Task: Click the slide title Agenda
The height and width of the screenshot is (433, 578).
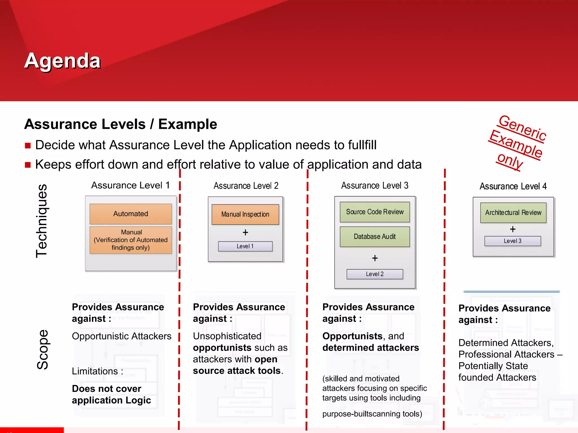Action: click(x=62, y=61)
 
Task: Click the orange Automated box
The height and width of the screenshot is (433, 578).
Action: click(x=130, y=214)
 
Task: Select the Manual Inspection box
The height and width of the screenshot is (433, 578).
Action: click(x=245, y=214)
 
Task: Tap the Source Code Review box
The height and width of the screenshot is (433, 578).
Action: click(x=375, y=212)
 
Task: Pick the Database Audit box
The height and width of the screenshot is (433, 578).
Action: click(x=375, y=237)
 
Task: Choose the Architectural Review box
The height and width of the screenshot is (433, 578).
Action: click(x=513, y=213)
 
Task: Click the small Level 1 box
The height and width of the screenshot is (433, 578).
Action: click(x=245, y=246)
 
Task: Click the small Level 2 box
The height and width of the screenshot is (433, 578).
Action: click(x=375, y=274)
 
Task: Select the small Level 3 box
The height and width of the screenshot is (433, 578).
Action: click(x=513, y=241)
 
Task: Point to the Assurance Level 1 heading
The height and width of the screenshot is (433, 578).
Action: click(x=130, y=185)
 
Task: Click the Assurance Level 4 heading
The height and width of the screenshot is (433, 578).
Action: click(x=513, y=186)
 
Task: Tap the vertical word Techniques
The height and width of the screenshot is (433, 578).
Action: click(x=42, y=221)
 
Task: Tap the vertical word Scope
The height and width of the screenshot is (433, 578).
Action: click(x=42, y=350)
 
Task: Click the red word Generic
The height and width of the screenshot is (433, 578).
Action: click(x=522, y=128)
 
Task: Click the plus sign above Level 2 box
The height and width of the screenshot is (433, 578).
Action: click(x=375, y=258)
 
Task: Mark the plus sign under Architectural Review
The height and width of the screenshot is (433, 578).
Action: click(x=513, y=229)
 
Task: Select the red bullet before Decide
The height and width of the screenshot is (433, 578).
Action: click(x=28, y=145)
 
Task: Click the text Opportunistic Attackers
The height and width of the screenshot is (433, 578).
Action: click(x=122, y=336)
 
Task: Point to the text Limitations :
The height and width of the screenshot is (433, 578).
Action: click(x=97, y=371)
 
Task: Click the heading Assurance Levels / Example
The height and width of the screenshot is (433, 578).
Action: click(x=121, y=124)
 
